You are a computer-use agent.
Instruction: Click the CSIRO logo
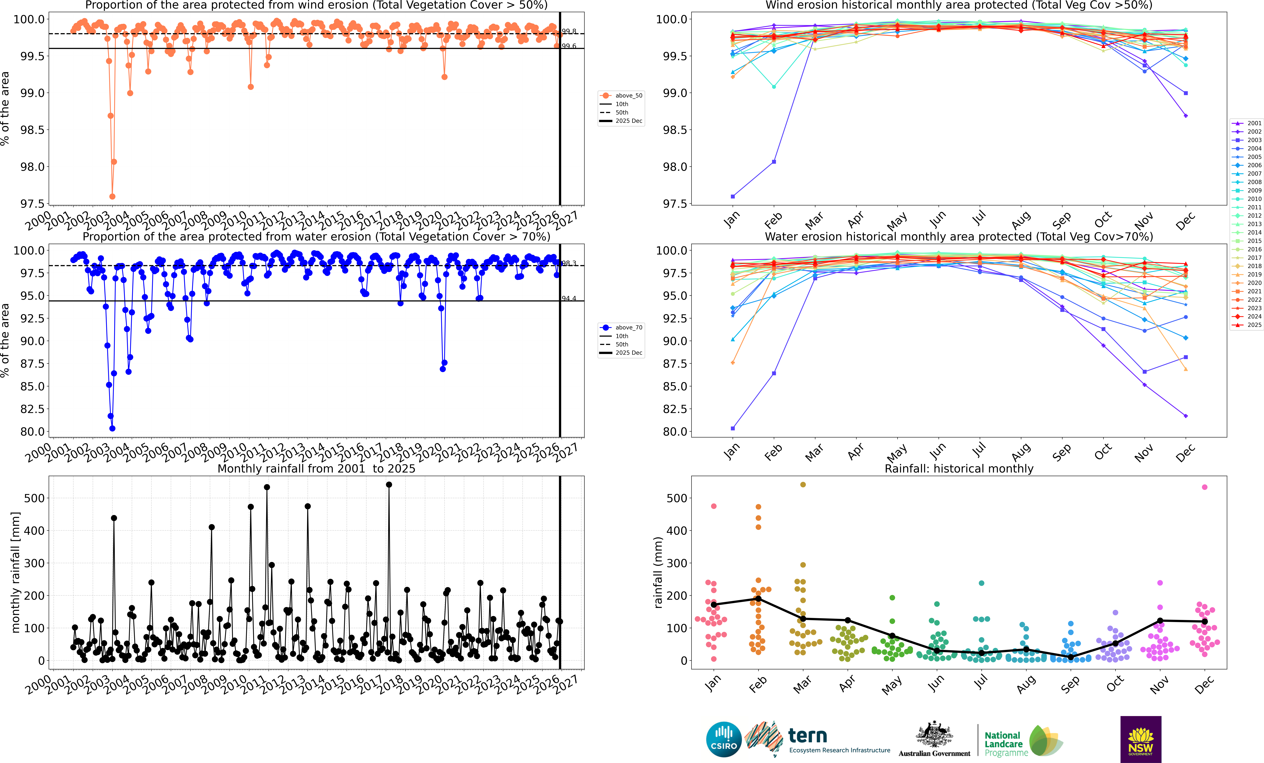723,739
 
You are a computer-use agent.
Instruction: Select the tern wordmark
807,736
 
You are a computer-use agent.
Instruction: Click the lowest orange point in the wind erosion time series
112,196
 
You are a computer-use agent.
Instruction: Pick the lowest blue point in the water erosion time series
112,429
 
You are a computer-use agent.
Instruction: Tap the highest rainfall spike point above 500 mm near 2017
389,484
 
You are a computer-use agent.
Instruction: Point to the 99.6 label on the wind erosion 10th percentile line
569,46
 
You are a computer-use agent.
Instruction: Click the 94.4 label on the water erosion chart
569,299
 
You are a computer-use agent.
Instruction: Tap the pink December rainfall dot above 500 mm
1204,487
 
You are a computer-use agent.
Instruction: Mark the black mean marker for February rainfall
758,599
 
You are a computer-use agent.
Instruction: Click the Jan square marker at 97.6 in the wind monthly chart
732,196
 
